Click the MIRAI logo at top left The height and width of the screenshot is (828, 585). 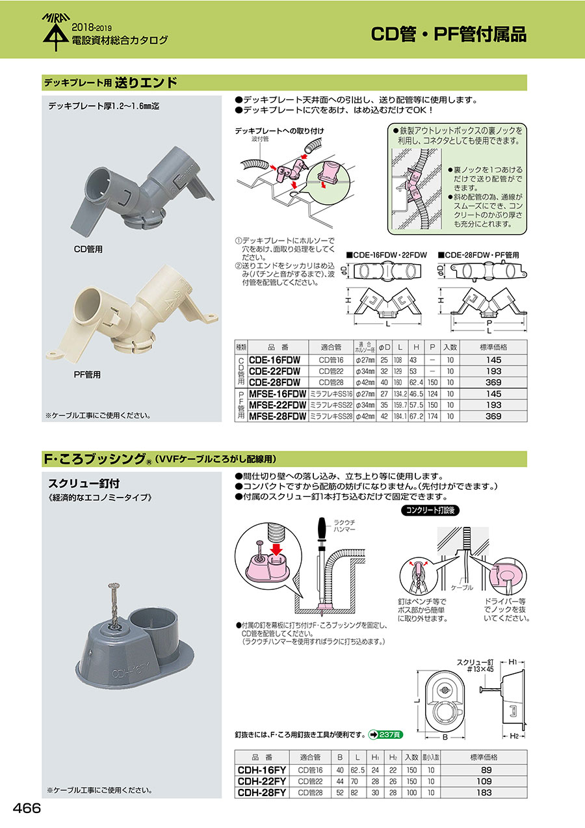(x=56, y=32)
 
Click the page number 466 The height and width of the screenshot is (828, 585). (x=27, y=808)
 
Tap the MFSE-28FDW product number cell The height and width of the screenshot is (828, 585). (x=278, y=416)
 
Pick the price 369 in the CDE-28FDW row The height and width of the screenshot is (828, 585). (x=493, y=382)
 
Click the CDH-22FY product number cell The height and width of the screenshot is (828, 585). (x=262, y=781)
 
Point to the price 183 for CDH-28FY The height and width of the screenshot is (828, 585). (x=484, y=792)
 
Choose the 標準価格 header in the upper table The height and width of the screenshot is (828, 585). (x=493, y=347)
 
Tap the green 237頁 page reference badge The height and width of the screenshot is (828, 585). (x=386, y=734)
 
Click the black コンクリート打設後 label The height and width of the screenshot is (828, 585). (x=430, y=511)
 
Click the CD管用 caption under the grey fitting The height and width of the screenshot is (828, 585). (x=88, y=249)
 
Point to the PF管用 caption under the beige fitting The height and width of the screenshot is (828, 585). (x=87, y=375)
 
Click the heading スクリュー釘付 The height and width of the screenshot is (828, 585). (x=84, y=483)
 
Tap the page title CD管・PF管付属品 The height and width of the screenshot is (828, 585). (x=448, y=34)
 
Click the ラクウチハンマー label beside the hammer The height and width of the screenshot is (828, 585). (x=344, y=526)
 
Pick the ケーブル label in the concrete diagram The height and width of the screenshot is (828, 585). (x=461, y=587)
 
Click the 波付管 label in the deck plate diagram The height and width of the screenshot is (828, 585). (x=261, y=139)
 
